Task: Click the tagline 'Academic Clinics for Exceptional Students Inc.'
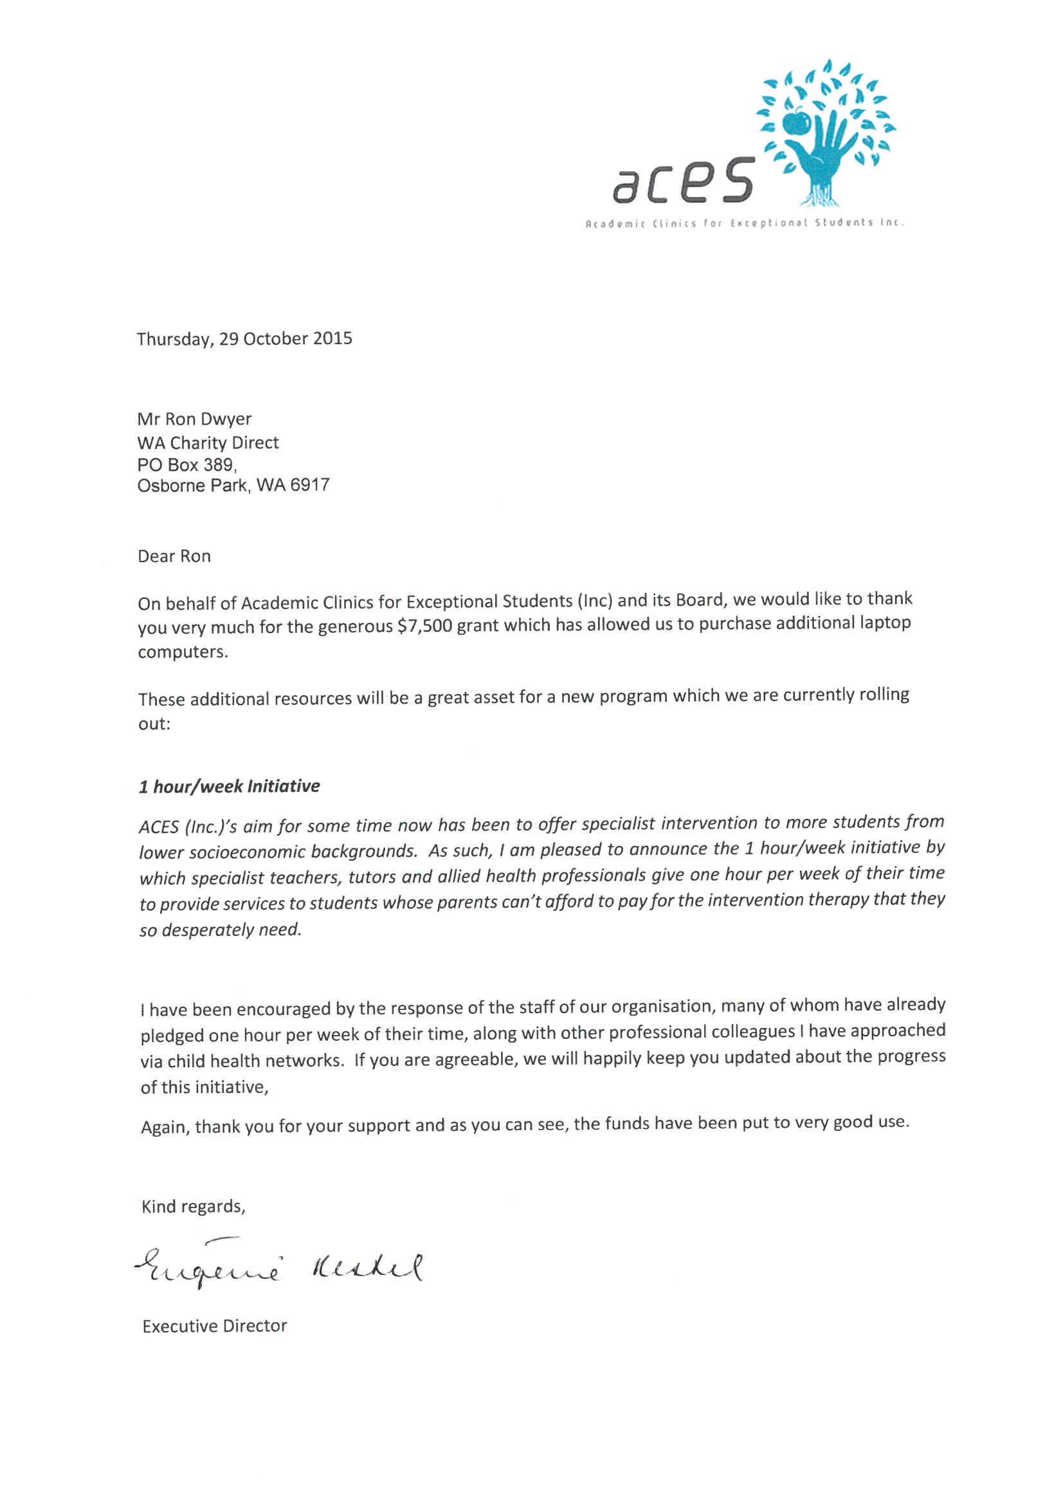coord(745,223)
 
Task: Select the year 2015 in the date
coord(332,338)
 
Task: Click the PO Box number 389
coord(218,464)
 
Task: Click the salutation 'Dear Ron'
coord(174,556)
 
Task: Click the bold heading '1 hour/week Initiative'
coord(229,786)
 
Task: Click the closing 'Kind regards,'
coord(193,1207)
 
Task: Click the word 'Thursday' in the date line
coord(174,339)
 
